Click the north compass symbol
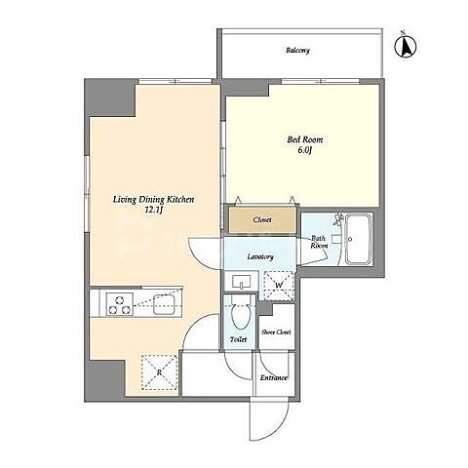click(406, 46)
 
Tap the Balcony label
click(297, 51)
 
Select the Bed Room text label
click(305, 139)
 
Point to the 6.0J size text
click(304, 150)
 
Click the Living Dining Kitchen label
click(153, 200)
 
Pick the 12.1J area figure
click(153, 211)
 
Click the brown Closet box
click(262, 220)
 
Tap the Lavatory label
click(260, 256)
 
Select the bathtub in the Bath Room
click(359, 239)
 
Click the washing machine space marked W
click(279, 286)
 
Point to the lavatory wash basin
click(241, 282)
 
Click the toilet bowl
click(241, 312)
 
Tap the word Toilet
click(239, 339)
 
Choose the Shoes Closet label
click(276, 332)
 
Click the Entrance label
click(274, 378)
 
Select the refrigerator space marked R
click(160, 372)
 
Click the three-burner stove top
click(120, 304)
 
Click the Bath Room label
click(319, 242)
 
